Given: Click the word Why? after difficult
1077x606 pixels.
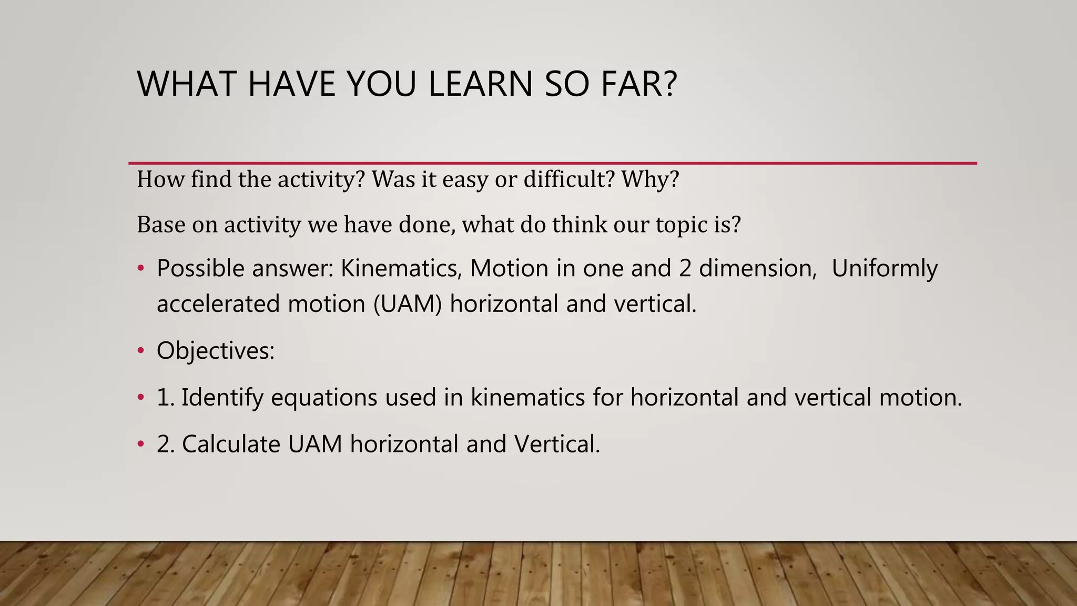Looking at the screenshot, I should pyautogui.click(x=651, y=179).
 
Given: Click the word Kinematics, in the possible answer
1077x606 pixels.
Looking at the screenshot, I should pyautogui.click(x=401, y=268).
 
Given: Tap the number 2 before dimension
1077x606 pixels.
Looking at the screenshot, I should pyautogui.click(x=685, y=268).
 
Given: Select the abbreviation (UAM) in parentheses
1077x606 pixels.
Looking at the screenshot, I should pyautogui.click(x=408, y=304).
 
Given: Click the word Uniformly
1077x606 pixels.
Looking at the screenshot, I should pyautogui.click(x=885, y=268).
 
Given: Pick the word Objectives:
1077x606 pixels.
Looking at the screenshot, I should pyautogui.click(x=216, y=350).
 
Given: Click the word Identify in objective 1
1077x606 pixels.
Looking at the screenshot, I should pyautogui.click(x=222, y=397).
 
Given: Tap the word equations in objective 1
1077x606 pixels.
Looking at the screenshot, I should pyautogui.click(x=324, y=397).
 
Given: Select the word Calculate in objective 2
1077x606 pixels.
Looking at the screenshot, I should pyautogui.click(x=231, y=444).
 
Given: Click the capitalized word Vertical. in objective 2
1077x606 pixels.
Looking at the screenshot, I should pyautogui.click(x=557, y=444).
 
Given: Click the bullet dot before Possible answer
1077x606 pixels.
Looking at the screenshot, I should pyautogui.click(x=140, y=269).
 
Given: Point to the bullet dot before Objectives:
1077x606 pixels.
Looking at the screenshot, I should pyautogui.click(x=140, y=351).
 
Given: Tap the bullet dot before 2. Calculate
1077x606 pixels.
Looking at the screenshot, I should pyautogui.click(x=140, y=445).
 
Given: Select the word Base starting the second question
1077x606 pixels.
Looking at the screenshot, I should pyautogui.click(x=160, y=225).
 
